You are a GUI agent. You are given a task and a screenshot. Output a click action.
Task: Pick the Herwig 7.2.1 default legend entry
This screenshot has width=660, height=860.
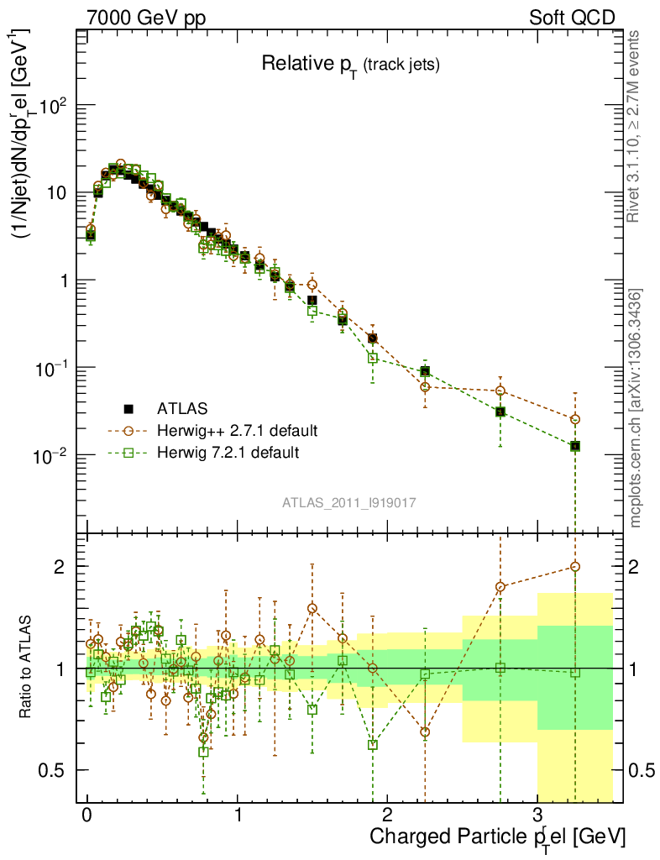(228, 453)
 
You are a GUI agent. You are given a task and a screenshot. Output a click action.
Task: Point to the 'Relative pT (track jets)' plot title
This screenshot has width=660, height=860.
(350, 63)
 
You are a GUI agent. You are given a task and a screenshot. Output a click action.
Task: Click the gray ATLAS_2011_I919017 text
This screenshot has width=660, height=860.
(349, 502)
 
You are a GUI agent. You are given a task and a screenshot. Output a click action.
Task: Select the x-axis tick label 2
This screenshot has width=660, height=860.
(387, 815)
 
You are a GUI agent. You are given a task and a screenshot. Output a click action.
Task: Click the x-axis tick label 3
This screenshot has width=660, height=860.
(537, 815)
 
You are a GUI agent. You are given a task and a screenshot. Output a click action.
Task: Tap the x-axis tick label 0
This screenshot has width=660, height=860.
(86, 815)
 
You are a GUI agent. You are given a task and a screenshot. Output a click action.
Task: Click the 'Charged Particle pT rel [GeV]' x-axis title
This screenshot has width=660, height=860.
(497, 836)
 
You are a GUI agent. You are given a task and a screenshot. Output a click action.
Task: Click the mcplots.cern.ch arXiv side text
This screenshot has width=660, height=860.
(637, 408)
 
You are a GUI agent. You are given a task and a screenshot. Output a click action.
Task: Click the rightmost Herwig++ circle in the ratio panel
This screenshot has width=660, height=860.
(575, 567)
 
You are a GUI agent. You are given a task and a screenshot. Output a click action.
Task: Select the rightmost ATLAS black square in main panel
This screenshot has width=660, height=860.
(575, 446)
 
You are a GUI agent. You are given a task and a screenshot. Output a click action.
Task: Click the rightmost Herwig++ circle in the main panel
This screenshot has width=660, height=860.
(575, 419)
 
